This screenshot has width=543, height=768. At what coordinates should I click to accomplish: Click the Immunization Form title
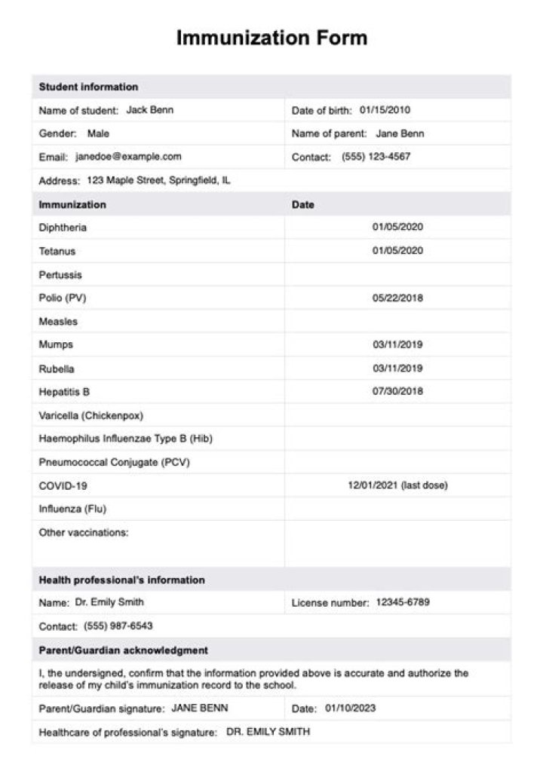(x=271, y=38)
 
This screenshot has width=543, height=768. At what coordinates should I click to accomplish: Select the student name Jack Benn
(x=149, y=110)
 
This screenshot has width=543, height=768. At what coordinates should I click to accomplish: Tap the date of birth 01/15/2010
(x=385, y=110)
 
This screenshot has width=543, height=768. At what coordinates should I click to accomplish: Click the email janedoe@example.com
(x=128, y=157)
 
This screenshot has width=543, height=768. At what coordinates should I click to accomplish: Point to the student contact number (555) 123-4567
(x=376, y=157)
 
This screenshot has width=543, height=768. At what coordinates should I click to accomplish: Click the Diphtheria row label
(x=63, y=228)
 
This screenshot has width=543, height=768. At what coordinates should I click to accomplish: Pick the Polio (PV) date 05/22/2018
(x=397, y=298)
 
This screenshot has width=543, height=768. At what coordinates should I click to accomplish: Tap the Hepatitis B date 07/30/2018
(x=397, y=391)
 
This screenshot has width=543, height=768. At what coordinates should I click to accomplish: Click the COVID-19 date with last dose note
(x=397, y=485)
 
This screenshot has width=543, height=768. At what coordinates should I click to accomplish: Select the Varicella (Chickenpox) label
(x=91, y=415)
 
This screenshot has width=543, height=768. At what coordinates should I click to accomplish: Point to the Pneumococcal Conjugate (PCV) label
(x=114, y=462)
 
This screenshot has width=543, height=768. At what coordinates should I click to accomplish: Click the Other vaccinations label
(x=84, y=532)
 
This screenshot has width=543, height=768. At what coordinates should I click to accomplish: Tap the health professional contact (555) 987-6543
(x=118, y=626)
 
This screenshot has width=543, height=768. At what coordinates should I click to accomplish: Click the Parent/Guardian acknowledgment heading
(x=124, y=650)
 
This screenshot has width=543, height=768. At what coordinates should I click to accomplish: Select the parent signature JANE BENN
(x=199, y=708)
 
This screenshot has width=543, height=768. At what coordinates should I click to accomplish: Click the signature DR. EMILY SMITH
(x=268, y=732)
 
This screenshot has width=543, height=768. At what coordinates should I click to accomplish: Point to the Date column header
(x=303, y=204)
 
